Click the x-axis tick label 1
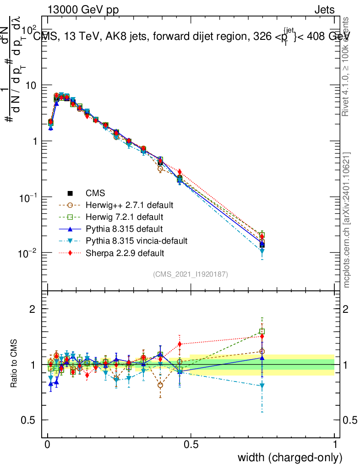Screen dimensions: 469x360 334,445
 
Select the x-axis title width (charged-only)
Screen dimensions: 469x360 290,458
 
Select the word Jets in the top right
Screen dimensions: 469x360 324,10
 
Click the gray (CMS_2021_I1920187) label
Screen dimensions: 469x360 191,274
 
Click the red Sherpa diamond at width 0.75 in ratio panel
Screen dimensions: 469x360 262,337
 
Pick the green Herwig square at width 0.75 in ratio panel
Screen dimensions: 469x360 262,331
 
